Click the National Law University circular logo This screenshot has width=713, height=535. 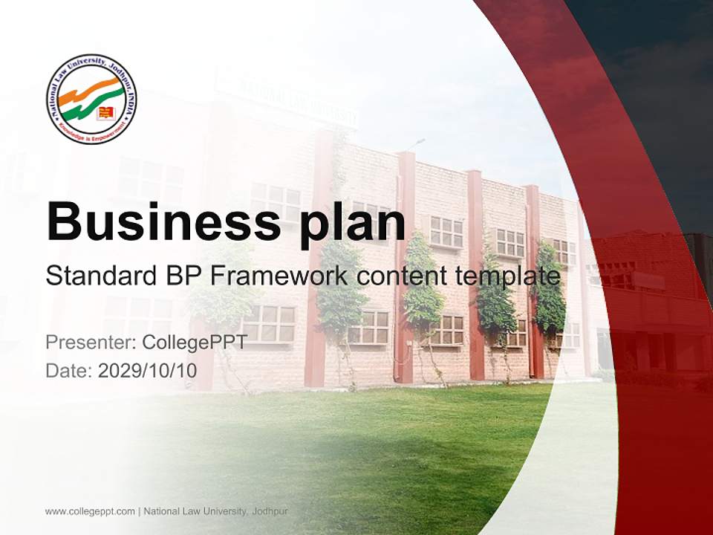(x=91, y=99)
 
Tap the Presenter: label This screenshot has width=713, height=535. (x=89, y=343)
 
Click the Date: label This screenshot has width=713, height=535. (x=69, y=370)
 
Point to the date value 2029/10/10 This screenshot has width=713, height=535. (x=148, y=370)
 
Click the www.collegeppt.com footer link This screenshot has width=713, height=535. (x=90, y=511)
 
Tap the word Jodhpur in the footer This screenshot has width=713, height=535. (x=270, y=511)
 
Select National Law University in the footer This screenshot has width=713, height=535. (x=195, y=511)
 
